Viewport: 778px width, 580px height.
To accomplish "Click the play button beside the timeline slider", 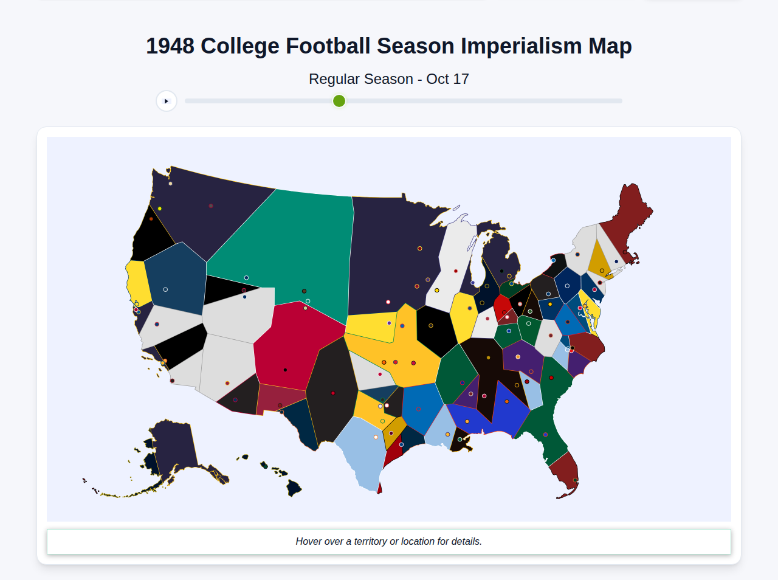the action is click(x=166, y=101).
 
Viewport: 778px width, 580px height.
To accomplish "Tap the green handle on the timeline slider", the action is click(x=339, y=101).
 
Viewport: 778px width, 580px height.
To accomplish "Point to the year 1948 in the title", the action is click(x=170, y=46).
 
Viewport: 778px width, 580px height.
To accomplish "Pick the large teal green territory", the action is click(x=292, y=243).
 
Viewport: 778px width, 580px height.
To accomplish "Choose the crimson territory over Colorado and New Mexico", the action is click(x=289, y=347).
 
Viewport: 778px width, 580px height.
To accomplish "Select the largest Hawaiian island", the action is click(x=294, y=488).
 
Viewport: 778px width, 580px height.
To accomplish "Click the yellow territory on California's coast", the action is click(x=139, y=283).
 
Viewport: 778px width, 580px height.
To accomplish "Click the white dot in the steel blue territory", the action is click(x=165, y=289).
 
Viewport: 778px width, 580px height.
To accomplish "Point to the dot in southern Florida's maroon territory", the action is click(x=575, y=480).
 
